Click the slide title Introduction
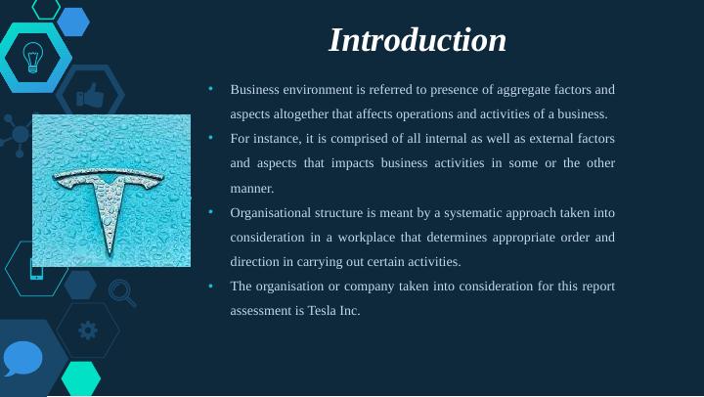(x=418, y=40)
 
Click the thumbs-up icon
(x=90, y=95)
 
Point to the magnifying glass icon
(x=121, y=290)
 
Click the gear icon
(x=88, y=331)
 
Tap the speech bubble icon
(x=22, y=359)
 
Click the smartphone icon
(x=36, y=269)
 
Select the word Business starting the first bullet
(x=255, y=89)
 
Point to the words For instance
(x=264, y=138)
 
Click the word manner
(x=252, y=188)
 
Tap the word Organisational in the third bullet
(x=273, y=212)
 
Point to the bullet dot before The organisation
(x=210, y=286)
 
